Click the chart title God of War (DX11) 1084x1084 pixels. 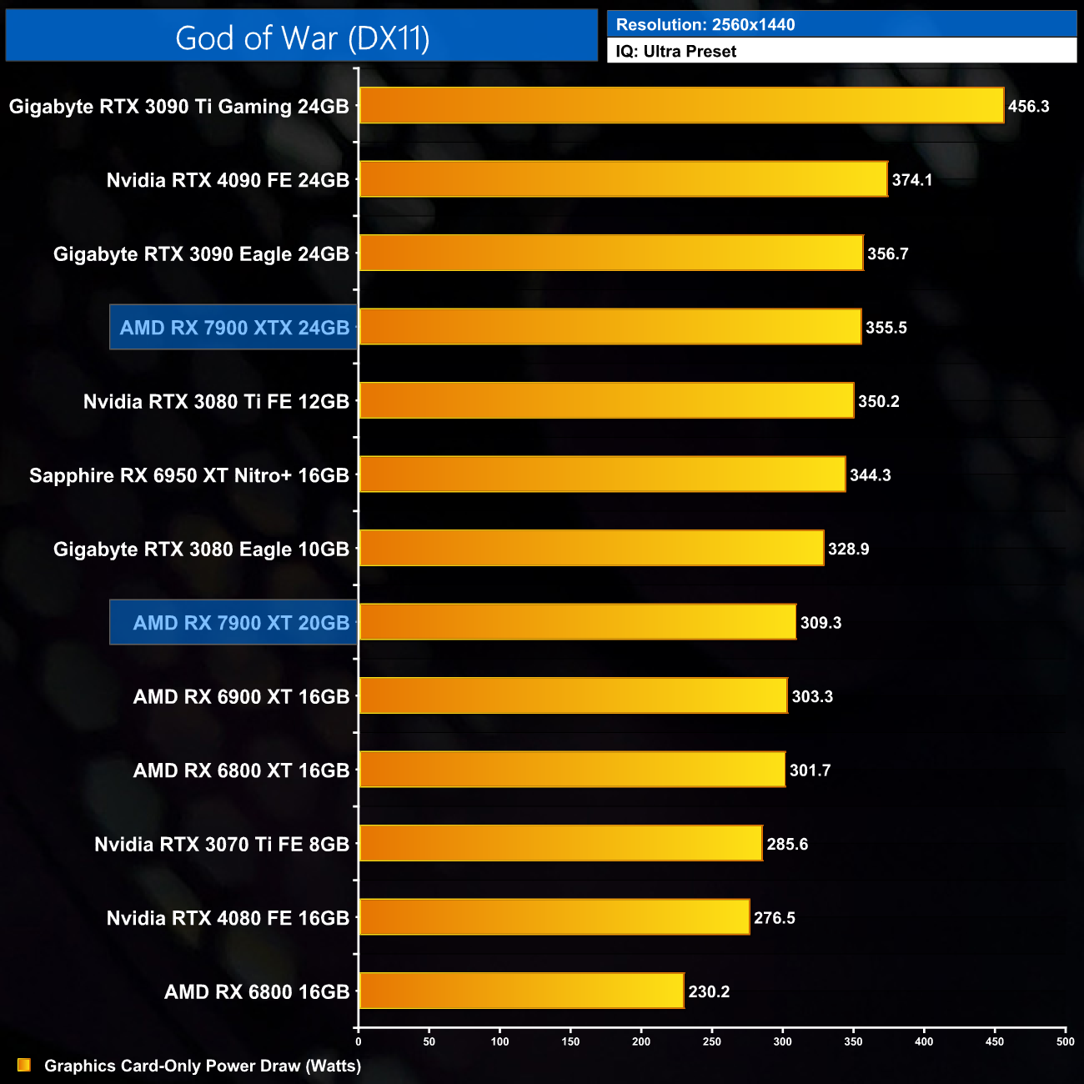click(x=302, y=38)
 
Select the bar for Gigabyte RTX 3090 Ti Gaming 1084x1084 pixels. click(x=681, y=106)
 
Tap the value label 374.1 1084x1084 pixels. click(x=911, y=180)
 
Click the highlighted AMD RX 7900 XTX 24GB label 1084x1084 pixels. click(x=234, y=328)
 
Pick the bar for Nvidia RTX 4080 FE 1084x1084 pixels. click(x=554, y=917)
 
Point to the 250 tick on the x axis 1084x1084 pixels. click(x=712, y=1041)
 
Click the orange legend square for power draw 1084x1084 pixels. click(x=24, y=1065)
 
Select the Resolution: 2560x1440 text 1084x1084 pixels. click(x=705, y=25)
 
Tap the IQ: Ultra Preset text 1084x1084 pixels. click(x=676, y=52)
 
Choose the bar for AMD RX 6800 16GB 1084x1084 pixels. click(x=521, y=991)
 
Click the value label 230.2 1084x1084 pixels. click(x=709, y=991)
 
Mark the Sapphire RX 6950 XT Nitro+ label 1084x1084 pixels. click(x=189, y=475)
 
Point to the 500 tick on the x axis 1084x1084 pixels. click(x=1065, y=1041)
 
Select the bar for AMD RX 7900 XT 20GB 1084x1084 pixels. click(x=577, y=622)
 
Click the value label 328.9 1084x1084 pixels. click(x=848, y=550)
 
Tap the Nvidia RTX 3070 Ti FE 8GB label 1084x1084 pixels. click(x=222, y=845)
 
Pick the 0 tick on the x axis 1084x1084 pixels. click(x=359, y=1041)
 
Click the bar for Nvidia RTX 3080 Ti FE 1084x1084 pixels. click(x=606, y=401)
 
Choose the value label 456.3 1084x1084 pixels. click(x=1028, y=107)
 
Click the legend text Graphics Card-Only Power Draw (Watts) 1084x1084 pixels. click(x=203, y=1066)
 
